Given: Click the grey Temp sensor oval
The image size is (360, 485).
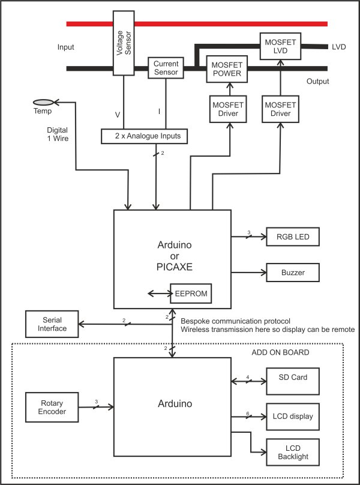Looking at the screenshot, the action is coord(44,103).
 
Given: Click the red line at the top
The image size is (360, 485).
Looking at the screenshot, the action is coord(197,24).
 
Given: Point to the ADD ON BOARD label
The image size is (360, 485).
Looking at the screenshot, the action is coord(280,352).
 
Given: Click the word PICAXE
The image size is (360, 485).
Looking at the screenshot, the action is coord(175,267).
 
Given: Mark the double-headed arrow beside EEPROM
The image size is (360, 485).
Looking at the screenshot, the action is coord(159,294).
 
